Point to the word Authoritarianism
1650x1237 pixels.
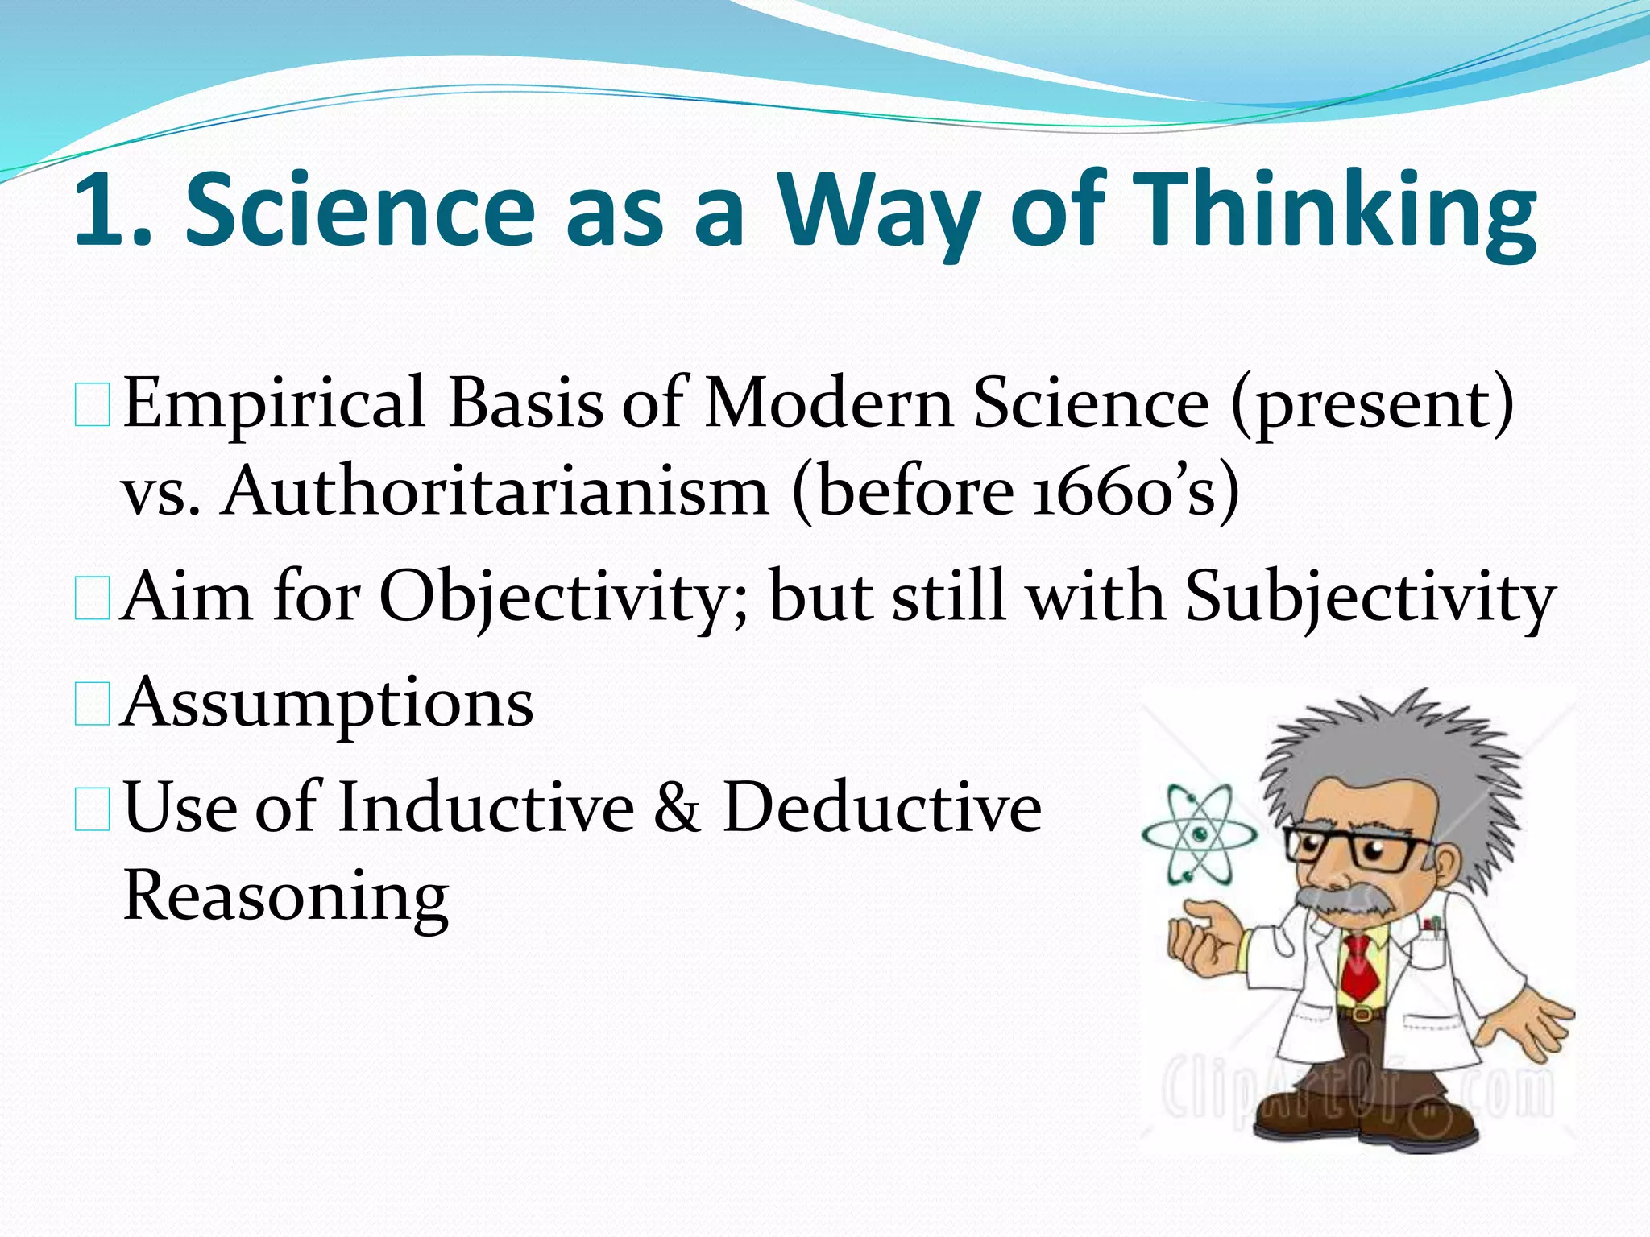pos(495,491)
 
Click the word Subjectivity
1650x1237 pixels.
pos(1370,598)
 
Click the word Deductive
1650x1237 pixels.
pos(882,808)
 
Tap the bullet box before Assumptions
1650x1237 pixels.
pos(92,704)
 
